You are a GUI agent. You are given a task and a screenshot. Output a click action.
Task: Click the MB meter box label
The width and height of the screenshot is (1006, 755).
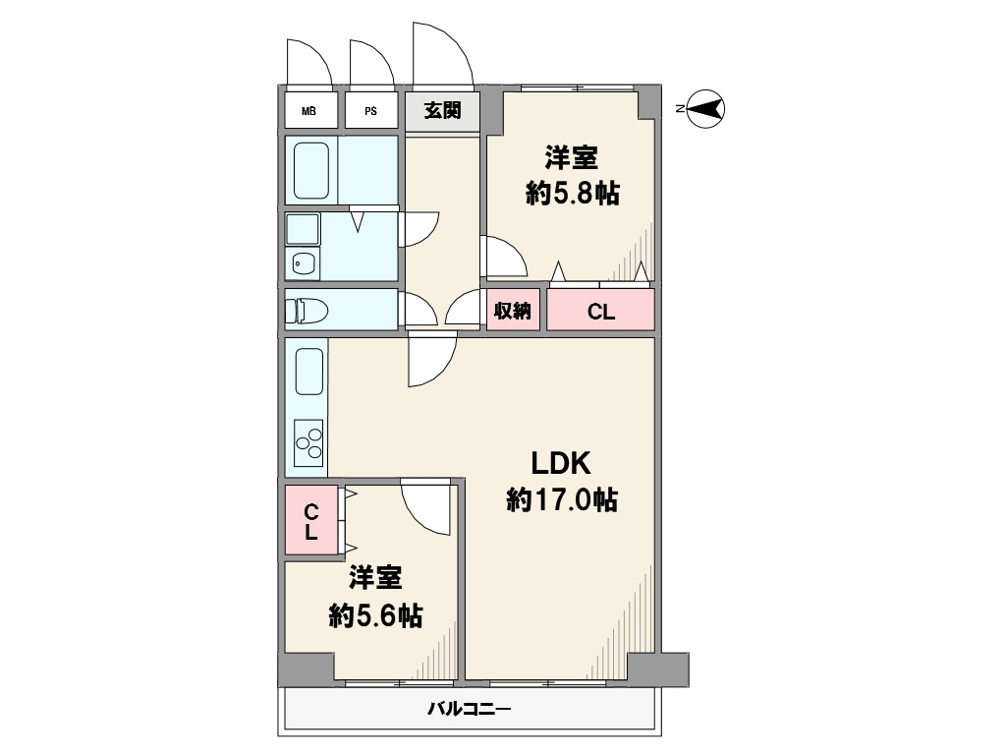pos(308,111)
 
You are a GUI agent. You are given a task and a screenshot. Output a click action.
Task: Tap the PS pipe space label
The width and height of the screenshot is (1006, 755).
pos(370,111)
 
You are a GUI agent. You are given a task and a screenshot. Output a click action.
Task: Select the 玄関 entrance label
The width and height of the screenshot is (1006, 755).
pos(442,110)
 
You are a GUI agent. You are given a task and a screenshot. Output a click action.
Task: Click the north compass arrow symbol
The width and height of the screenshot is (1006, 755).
pos(704,108)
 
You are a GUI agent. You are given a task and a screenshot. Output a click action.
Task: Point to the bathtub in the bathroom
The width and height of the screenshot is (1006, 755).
pos(311,170)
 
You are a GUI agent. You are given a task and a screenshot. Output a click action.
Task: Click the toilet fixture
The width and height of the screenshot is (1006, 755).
pos(307,311)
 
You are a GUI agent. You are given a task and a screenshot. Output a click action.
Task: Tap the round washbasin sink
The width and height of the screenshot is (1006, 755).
pos(303,262)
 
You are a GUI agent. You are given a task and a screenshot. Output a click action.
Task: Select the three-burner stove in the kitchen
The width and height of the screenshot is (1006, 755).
pos(308,442)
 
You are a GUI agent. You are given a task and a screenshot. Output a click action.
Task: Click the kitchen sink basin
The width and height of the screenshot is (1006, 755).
pos(308,372)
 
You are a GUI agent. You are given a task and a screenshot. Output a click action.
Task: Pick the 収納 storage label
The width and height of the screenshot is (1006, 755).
pos(512,311)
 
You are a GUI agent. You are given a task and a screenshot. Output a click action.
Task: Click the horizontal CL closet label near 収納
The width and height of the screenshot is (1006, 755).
pos(600,312)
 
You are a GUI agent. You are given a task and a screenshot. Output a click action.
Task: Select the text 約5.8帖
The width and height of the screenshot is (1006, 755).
pos(573,193)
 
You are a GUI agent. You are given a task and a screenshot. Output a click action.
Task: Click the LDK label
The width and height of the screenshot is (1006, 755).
pos(560,463)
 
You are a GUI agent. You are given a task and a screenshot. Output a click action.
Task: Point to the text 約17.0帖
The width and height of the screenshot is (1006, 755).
pos(562,499)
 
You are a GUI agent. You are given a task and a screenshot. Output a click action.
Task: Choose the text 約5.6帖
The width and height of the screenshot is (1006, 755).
pos(375,616)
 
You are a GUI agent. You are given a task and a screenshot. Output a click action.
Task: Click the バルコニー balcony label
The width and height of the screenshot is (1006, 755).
pos(469,710)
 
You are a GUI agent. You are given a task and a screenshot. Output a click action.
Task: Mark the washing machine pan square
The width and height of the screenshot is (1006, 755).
pos(303,229)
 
